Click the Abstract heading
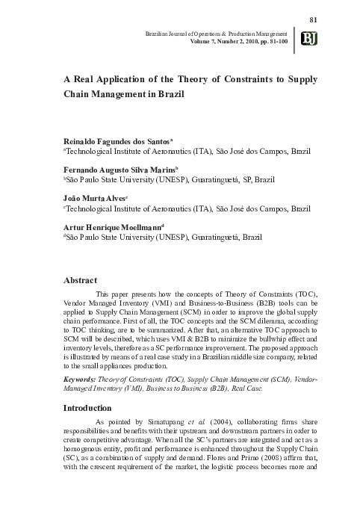(x=80, y=280)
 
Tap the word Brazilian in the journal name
(x=165, y=34)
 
